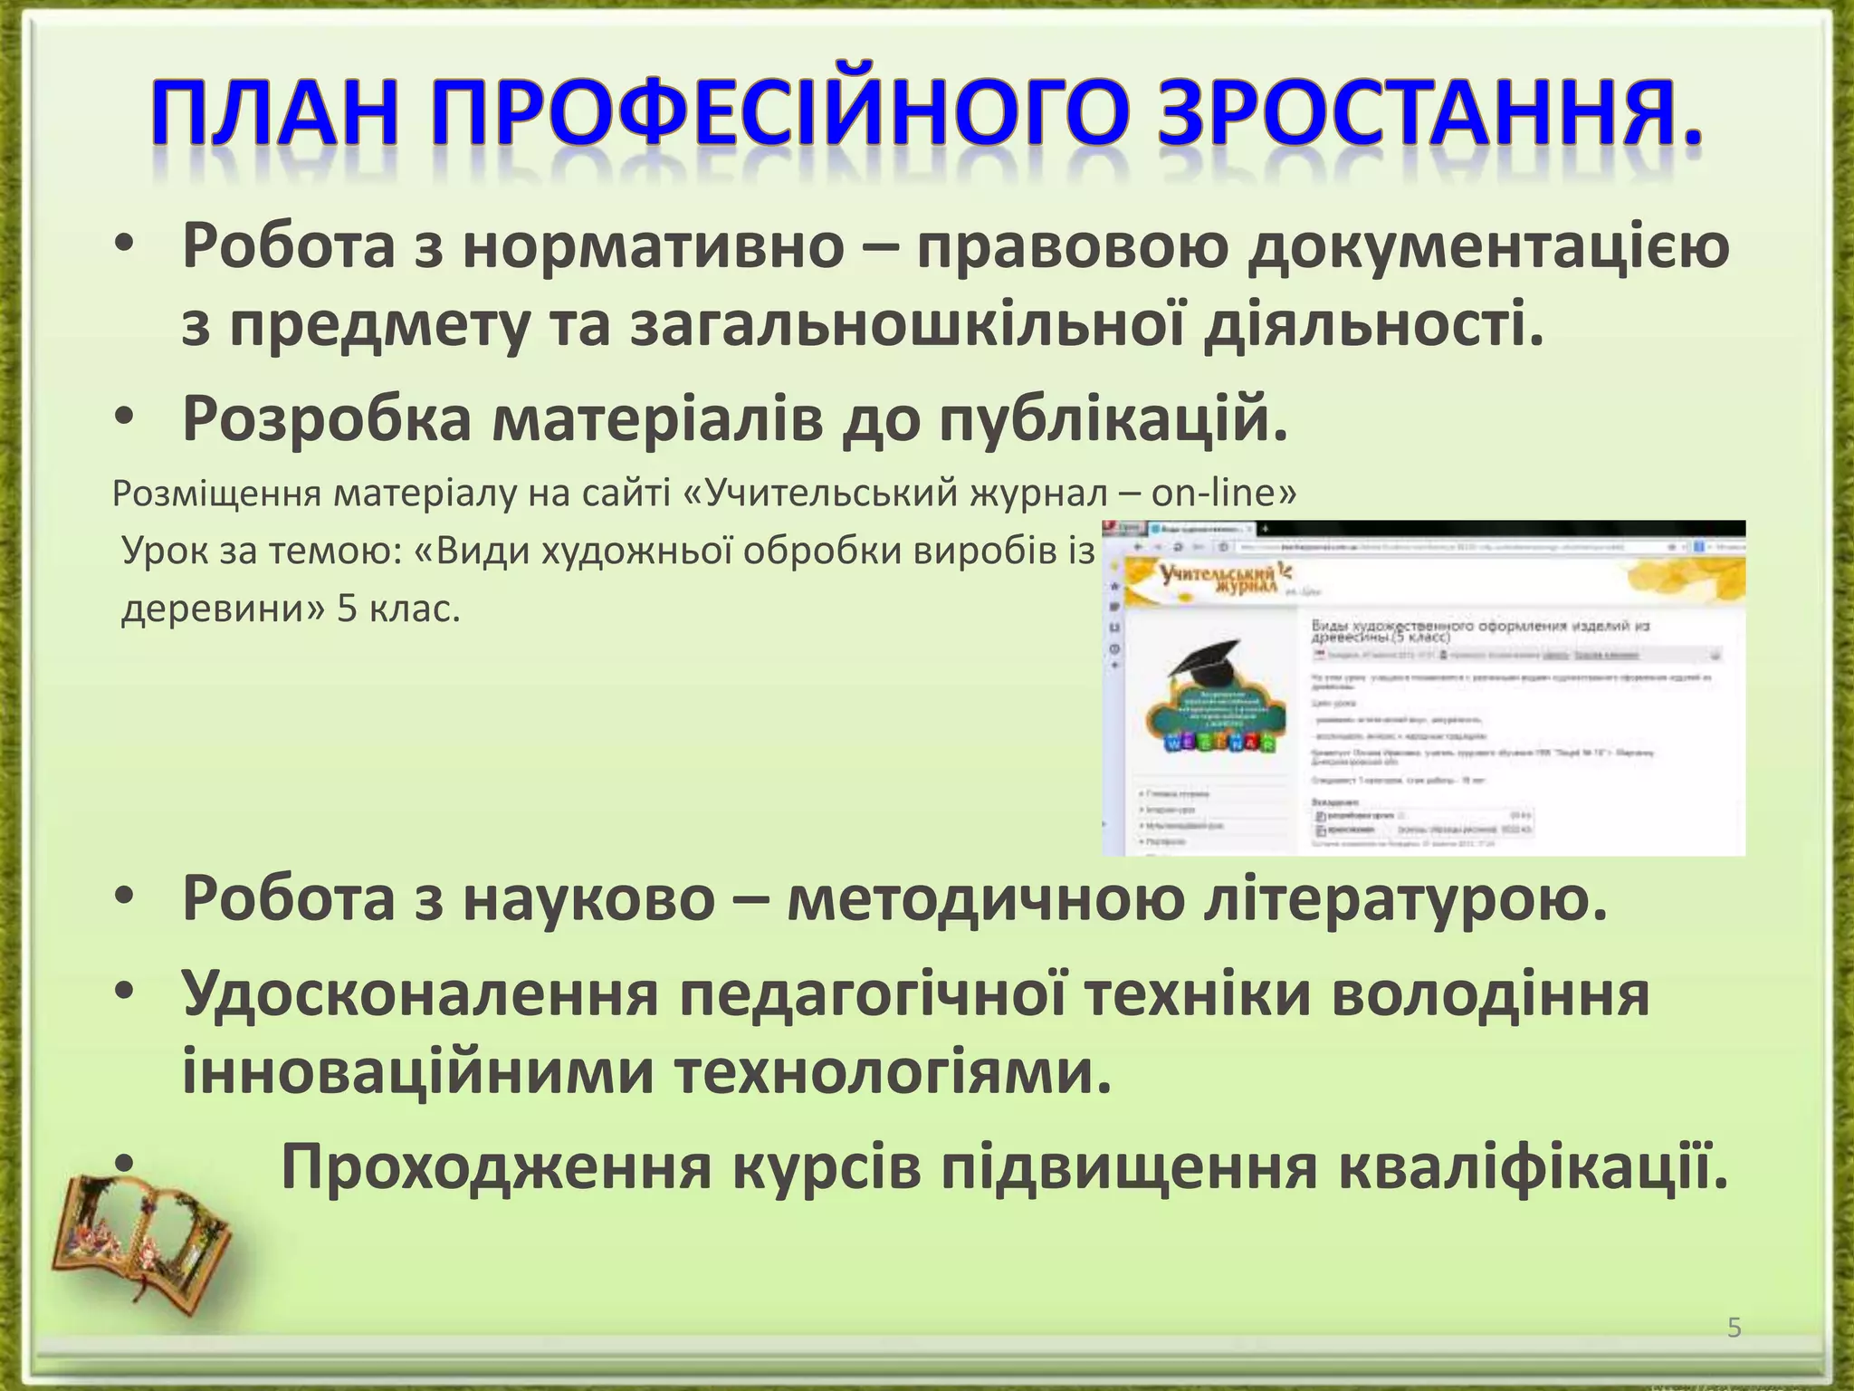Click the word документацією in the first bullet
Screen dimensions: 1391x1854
[x=1488, y=248]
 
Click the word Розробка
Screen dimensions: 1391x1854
[x=327, y=419]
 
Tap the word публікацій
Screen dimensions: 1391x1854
[x=1113, y=419]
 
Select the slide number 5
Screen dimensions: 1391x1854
[x=1734, y=1329]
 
